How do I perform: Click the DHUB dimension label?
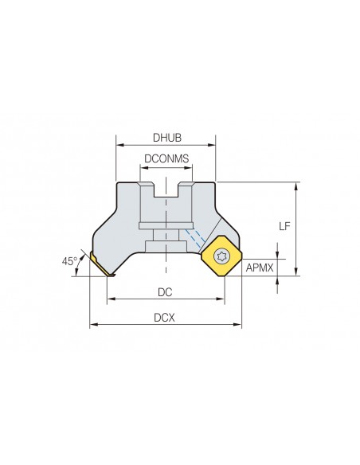tap(167, 138)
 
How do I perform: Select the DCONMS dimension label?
tap(166, 158)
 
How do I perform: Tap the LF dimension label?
tap(284, 227)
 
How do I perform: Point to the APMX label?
tap(260, 268)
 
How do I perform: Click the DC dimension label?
tap(165, 292)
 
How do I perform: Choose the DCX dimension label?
tap(164, 318)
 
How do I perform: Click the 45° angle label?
tap(69, 261)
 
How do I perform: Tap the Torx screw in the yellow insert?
tap(221, 256)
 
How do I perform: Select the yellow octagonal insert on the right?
tap(221, 256)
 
